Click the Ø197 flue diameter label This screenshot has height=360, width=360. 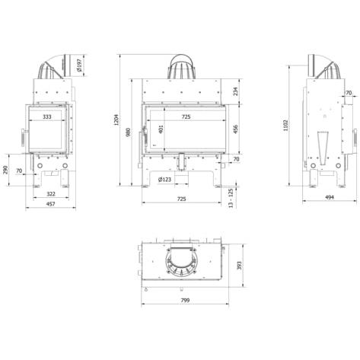click(x=79, y=65)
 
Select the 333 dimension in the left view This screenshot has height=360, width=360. click(x=47, y=116)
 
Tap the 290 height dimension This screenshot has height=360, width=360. click(x=5, y=170)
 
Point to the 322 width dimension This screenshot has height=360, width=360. click(x=51, y=194)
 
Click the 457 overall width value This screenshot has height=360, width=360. click(x=51, y=204)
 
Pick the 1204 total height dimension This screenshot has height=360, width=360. click(x=116, y=119)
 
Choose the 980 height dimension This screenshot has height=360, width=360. click(x=129, y=132)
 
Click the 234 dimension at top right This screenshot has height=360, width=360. click(x=236, y=91)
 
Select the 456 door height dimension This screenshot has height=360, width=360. click(x=236, y=129)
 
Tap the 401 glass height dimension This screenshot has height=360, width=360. click(x=161, y=129)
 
